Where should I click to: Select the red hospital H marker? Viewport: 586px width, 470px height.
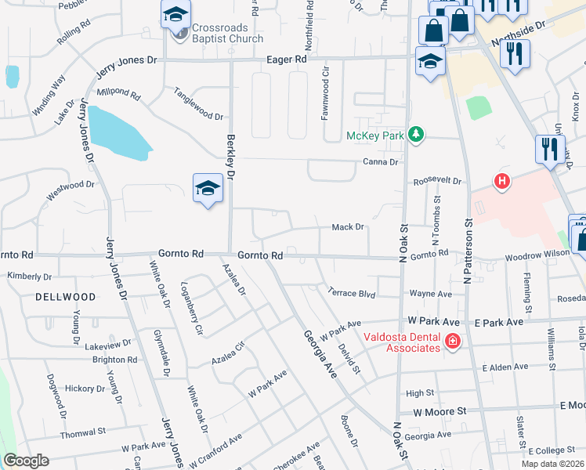[502, 182]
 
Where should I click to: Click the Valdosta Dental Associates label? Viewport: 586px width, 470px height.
[400, 342]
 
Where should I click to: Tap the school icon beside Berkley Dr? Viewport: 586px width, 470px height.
[208, 188]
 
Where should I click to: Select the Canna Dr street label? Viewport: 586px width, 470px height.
[381, 162]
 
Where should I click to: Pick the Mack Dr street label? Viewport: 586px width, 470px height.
[349, 227]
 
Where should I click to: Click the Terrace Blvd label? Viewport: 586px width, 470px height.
[352, 291]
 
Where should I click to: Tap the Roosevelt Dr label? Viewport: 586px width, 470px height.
[437, 180]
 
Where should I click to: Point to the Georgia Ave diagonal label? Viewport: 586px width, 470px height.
[320, 354]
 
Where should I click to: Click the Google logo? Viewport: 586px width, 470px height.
[27, 461]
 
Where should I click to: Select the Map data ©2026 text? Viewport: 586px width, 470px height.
[552, 464]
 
